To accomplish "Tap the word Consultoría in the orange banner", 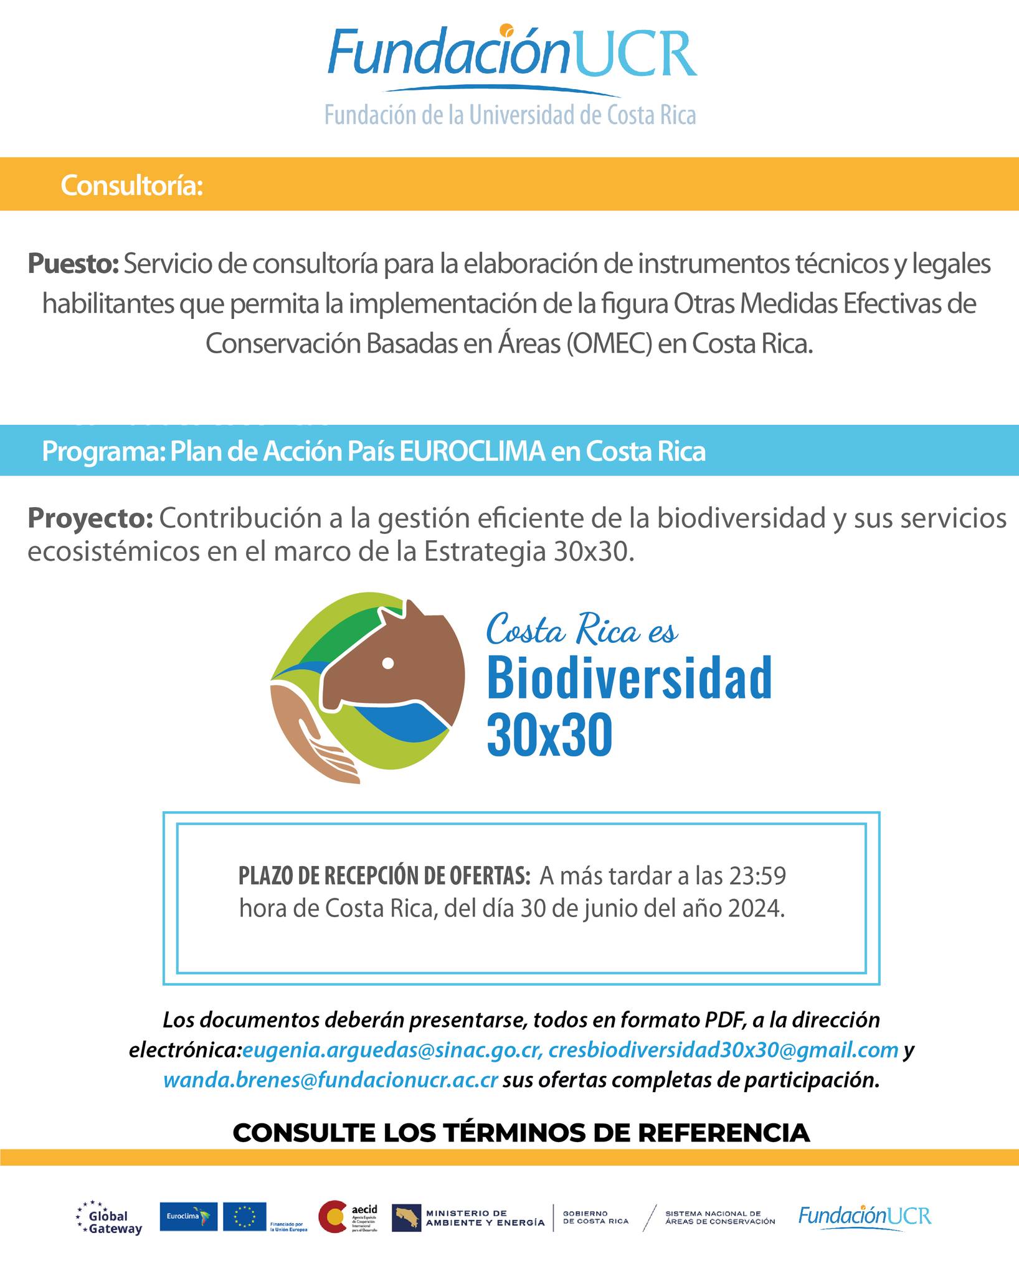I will [x=132, y=186].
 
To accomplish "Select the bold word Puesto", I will [x=73, y=264].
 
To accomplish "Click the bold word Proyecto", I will [x=90, y=518].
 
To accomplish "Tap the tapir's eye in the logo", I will [x=388, y=664].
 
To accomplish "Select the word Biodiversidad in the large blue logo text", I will [x=629, y=677].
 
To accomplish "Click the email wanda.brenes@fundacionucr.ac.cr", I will [x=330, y=1080].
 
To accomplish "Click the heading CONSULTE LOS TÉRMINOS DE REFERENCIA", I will [x=521, y=1132].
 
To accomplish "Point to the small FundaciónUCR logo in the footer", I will [x=865, y=1216].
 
